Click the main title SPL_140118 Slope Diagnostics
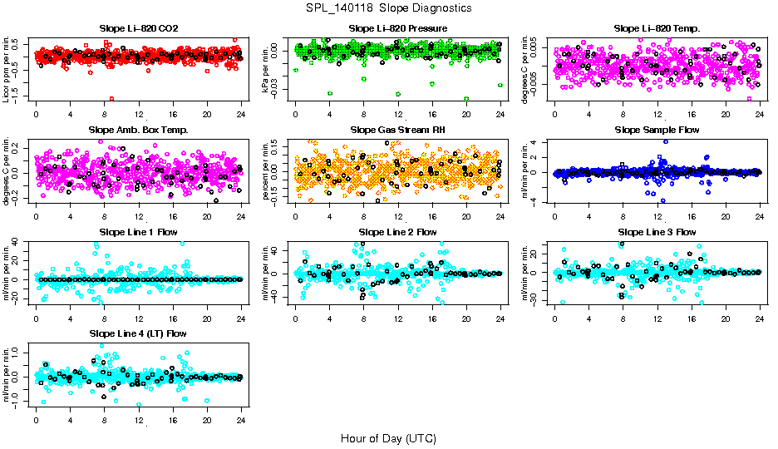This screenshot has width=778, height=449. (389, 7)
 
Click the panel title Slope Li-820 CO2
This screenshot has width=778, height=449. (138, 28)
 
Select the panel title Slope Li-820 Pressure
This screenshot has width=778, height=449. (397, 28)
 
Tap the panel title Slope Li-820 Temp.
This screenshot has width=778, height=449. (657, 28)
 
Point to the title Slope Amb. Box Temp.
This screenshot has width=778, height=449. (138, 130)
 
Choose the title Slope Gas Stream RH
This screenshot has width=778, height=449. (397, 130)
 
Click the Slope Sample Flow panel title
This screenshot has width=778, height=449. (657, 130)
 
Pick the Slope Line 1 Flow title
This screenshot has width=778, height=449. (138, 231)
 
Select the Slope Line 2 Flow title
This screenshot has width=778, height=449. (397, 231)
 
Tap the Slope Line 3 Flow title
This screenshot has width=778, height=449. (657, 231)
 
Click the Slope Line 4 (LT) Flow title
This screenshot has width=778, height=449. (138, 333)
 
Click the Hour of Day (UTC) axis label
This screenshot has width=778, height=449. (388, 437)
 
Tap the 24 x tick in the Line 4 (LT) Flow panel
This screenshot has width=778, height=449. (241, 420)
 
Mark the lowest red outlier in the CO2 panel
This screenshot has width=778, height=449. (111, 98)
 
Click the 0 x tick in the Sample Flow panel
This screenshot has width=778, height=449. (554, 216)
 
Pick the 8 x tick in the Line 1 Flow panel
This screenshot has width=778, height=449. (104, 318)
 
